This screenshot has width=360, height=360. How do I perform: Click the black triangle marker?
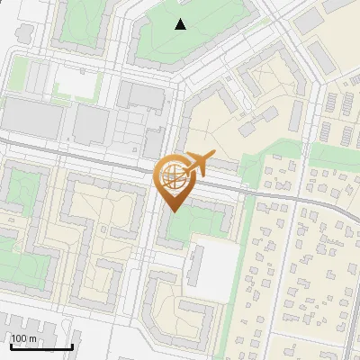click(181, 24)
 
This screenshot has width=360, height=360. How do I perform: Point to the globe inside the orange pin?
click(173, 174)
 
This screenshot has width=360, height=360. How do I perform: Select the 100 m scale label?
click(24, 338)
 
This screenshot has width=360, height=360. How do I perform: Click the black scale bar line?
click(40, 346)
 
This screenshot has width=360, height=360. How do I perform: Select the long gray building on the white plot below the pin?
click(195, 268)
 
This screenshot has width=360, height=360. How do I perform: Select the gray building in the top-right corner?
click(310, 19)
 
